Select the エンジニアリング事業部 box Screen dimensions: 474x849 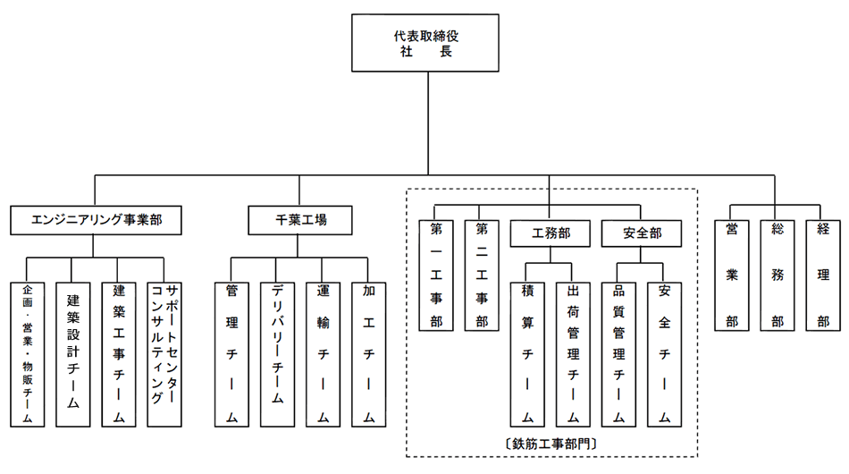coord(96,218)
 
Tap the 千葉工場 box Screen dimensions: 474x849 coord(300,218)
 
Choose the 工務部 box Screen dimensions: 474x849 coord(551,233)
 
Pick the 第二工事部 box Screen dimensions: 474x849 coord(482,274)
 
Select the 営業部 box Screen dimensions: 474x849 coord(732,274)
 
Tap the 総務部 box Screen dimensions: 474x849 coord(778,274)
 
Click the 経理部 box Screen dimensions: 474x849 coord(823,274)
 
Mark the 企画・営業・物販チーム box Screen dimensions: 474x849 coord(28,354)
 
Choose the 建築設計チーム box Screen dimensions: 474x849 coord(73,354)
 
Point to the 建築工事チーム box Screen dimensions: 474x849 coord(119,354)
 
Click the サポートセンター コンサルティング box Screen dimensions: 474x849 coord(164,354)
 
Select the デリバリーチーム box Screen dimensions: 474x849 coord(277,354)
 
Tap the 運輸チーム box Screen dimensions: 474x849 coord(323,354)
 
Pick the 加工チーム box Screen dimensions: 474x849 coord(368,354)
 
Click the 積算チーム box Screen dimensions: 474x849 coord(528,354)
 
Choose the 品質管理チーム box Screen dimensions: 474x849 coord(618,354)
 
